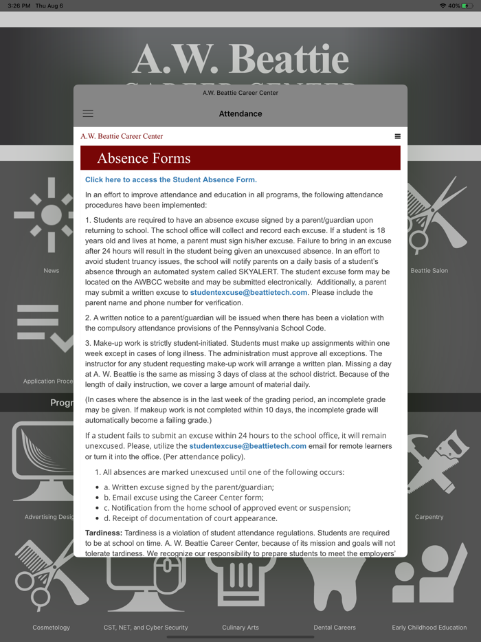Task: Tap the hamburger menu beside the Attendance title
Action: (x=88, y=113)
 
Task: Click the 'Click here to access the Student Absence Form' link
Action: (x=171, y=180)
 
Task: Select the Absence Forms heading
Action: (x=144, y=158)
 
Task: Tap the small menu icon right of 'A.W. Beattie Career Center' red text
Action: (x=397, y=136)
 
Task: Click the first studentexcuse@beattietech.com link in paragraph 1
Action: (x=249, y=293)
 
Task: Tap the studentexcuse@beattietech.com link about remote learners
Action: (x=247, y=446)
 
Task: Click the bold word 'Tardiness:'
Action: (x=104, y=533)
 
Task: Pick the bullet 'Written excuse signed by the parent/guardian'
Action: (x=188, y=487)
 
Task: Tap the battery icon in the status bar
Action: (x=468, y=5)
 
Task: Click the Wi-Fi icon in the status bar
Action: (x=443, y=5)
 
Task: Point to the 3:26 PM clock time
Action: (x=19, y=5)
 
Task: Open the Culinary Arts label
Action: (x=240, y=628)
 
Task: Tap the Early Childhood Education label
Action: (x=429, y=628)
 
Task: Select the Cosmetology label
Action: (x=52, y=628)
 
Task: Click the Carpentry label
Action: (x=429, y=517)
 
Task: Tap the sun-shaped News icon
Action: (x=52, y=215)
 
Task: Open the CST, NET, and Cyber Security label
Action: (x=146, y=628)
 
